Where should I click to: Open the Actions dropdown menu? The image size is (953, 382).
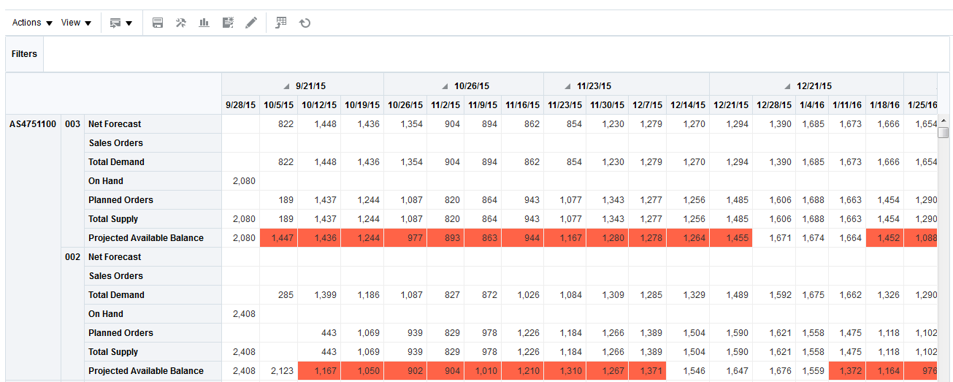[x=32, y=23]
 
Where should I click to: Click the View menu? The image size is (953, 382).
[x=76, y=23]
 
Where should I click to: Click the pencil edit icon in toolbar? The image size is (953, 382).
[x=251, y=23]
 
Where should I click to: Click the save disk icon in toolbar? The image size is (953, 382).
[x=157, y=23]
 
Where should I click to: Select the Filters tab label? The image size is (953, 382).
[x=24, y=54]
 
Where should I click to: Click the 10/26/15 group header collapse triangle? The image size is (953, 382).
[x=446, y=86]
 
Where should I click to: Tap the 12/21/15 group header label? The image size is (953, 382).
[x=814, y=86]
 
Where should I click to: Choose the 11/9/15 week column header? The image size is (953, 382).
[x=482, y=105]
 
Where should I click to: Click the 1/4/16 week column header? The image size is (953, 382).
[x=812, y=105]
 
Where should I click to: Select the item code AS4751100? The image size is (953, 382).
[x=33, y=124]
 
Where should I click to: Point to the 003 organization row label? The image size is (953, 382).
[x=72, y=124]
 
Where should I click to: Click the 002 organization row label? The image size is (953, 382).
[x=72, y=257]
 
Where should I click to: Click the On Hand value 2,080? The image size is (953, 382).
[x=244, y=181]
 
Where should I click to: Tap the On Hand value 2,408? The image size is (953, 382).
[x=244, y=314]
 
